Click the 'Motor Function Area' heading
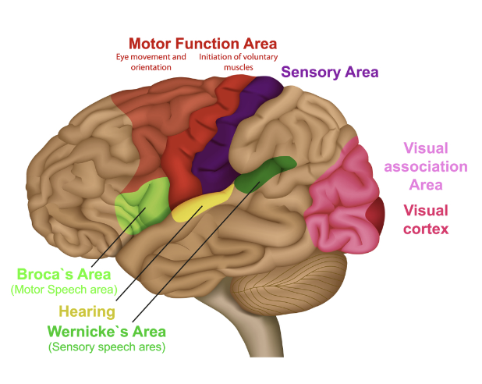point(203,42)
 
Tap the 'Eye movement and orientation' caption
point(151,62)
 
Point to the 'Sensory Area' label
point(330,73)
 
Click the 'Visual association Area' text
point(435,166)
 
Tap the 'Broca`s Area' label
point(64,275)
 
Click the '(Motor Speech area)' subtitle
point(63,290)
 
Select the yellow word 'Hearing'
point(87,311)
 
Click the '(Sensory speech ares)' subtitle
point(108,346)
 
